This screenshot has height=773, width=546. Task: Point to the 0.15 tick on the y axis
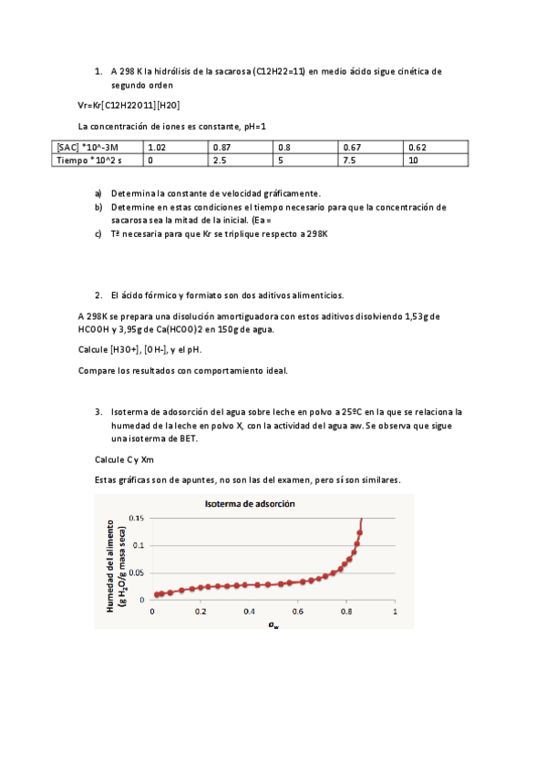[136, 518]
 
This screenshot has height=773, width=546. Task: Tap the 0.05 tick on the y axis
[136, 572]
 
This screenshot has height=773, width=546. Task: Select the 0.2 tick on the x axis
[201, 611]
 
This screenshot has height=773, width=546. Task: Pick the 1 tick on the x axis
[395, 611]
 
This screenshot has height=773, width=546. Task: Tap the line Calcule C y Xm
[124, 459]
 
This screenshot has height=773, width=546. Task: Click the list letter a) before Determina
[98, 194]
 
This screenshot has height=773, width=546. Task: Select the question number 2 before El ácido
[98, 295]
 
